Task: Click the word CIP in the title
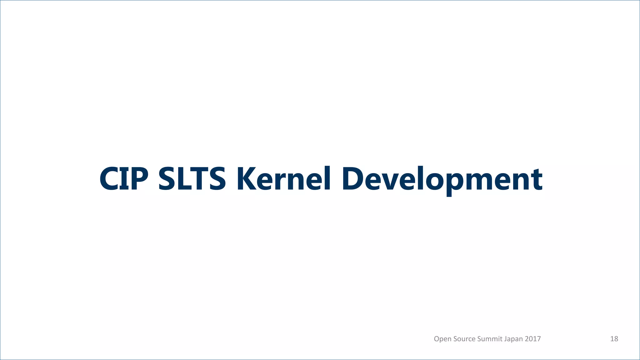(x=124, y=179)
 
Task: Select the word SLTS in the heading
(x=192, y=179)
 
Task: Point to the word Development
(x=442, y=179)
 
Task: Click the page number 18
(x=614, y=339)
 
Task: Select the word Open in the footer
(x=442, y=339)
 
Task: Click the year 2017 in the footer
(x=533, y=339)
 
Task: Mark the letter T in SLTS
(x=198, y=179)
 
